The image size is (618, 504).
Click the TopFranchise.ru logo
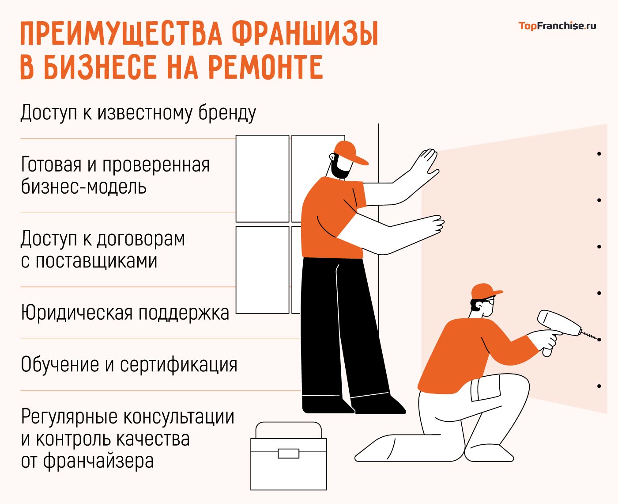(557, 26)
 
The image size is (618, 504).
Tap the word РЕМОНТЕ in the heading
(265, 67)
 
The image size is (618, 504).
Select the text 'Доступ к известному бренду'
(138, 113)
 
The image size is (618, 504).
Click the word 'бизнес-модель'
(83, 187)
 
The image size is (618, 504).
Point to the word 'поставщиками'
(96, 261)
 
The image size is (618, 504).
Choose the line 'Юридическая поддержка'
(125, 313)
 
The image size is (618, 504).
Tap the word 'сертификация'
(179, 365)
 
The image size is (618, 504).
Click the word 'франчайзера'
(98, 461)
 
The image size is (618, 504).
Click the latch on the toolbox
(288, 453)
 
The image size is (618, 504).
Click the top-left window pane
(262, 178)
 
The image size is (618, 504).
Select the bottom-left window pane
(262, 270)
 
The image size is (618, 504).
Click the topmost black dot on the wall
(599, 154)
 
